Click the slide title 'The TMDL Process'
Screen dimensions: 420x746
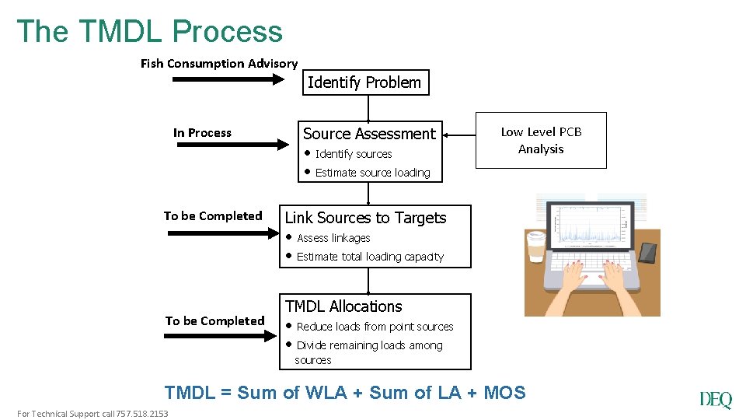click(150, 31)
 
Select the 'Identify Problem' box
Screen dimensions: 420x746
click(364, 82)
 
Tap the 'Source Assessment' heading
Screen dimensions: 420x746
click(369, 134)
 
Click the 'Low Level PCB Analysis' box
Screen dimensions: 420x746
click(541, 140)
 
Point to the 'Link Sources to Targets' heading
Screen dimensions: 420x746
click(366, 218)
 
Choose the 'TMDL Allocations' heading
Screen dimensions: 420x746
click(343, 306)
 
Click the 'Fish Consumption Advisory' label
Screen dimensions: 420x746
click(219, 64)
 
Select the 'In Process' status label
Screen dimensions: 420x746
click(202, 133)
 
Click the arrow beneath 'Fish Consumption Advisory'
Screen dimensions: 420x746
click(228, 79)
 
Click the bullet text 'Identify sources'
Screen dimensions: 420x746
click(354, 154)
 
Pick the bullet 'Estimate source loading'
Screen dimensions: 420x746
click(372, 173)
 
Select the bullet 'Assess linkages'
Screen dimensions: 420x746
click(333, 238)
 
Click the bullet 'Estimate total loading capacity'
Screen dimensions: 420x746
click(370, 257)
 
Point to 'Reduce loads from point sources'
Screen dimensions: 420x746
click(375, 327)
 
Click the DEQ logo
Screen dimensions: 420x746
click(715, 400)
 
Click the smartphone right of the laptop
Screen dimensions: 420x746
click(647, 252)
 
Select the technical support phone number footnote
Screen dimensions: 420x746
click(92, 414)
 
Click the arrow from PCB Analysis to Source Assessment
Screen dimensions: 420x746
click(459, 135)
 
